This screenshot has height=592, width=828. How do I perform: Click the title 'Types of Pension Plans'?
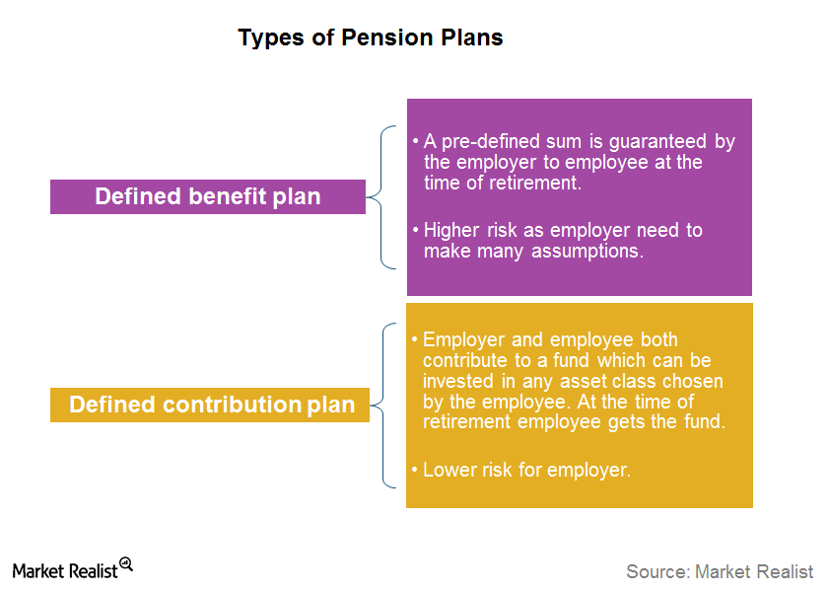click(x=371, y=38)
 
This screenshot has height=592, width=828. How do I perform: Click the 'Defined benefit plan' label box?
click(x=208, y=196)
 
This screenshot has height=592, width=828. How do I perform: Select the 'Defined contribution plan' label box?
click(x=210, y=405)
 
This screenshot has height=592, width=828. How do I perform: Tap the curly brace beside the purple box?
click(x=381, y=197)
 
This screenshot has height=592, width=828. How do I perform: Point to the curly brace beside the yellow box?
click(x=382, y=406)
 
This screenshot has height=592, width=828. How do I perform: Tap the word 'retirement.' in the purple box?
click(x=535, y=183)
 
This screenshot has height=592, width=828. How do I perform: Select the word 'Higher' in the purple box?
click(x=451, y=231)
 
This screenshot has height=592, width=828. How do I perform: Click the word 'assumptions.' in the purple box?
click(x=587, y=252)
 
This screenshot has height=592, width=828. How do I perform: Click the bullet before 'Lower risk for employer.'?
click(x=415, y=470)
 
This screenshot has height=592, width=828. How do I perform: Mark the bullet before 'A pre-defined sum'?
click(x=416, y=141)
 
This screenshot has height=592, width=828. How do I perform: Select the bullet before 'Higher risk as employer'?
click(x=416, y=230)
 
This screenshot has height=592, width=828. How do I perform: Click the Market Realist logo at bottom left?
click(x=72, y=568)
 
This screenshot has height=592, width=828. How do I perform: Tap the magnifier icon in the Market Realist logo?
click(x=126, y=564)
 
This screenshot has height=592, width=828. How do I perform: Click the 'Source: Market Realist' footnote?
click(x=720, y=572)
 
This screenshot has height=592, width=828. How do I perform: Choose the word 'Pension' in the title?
click(x=387, y=38)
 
